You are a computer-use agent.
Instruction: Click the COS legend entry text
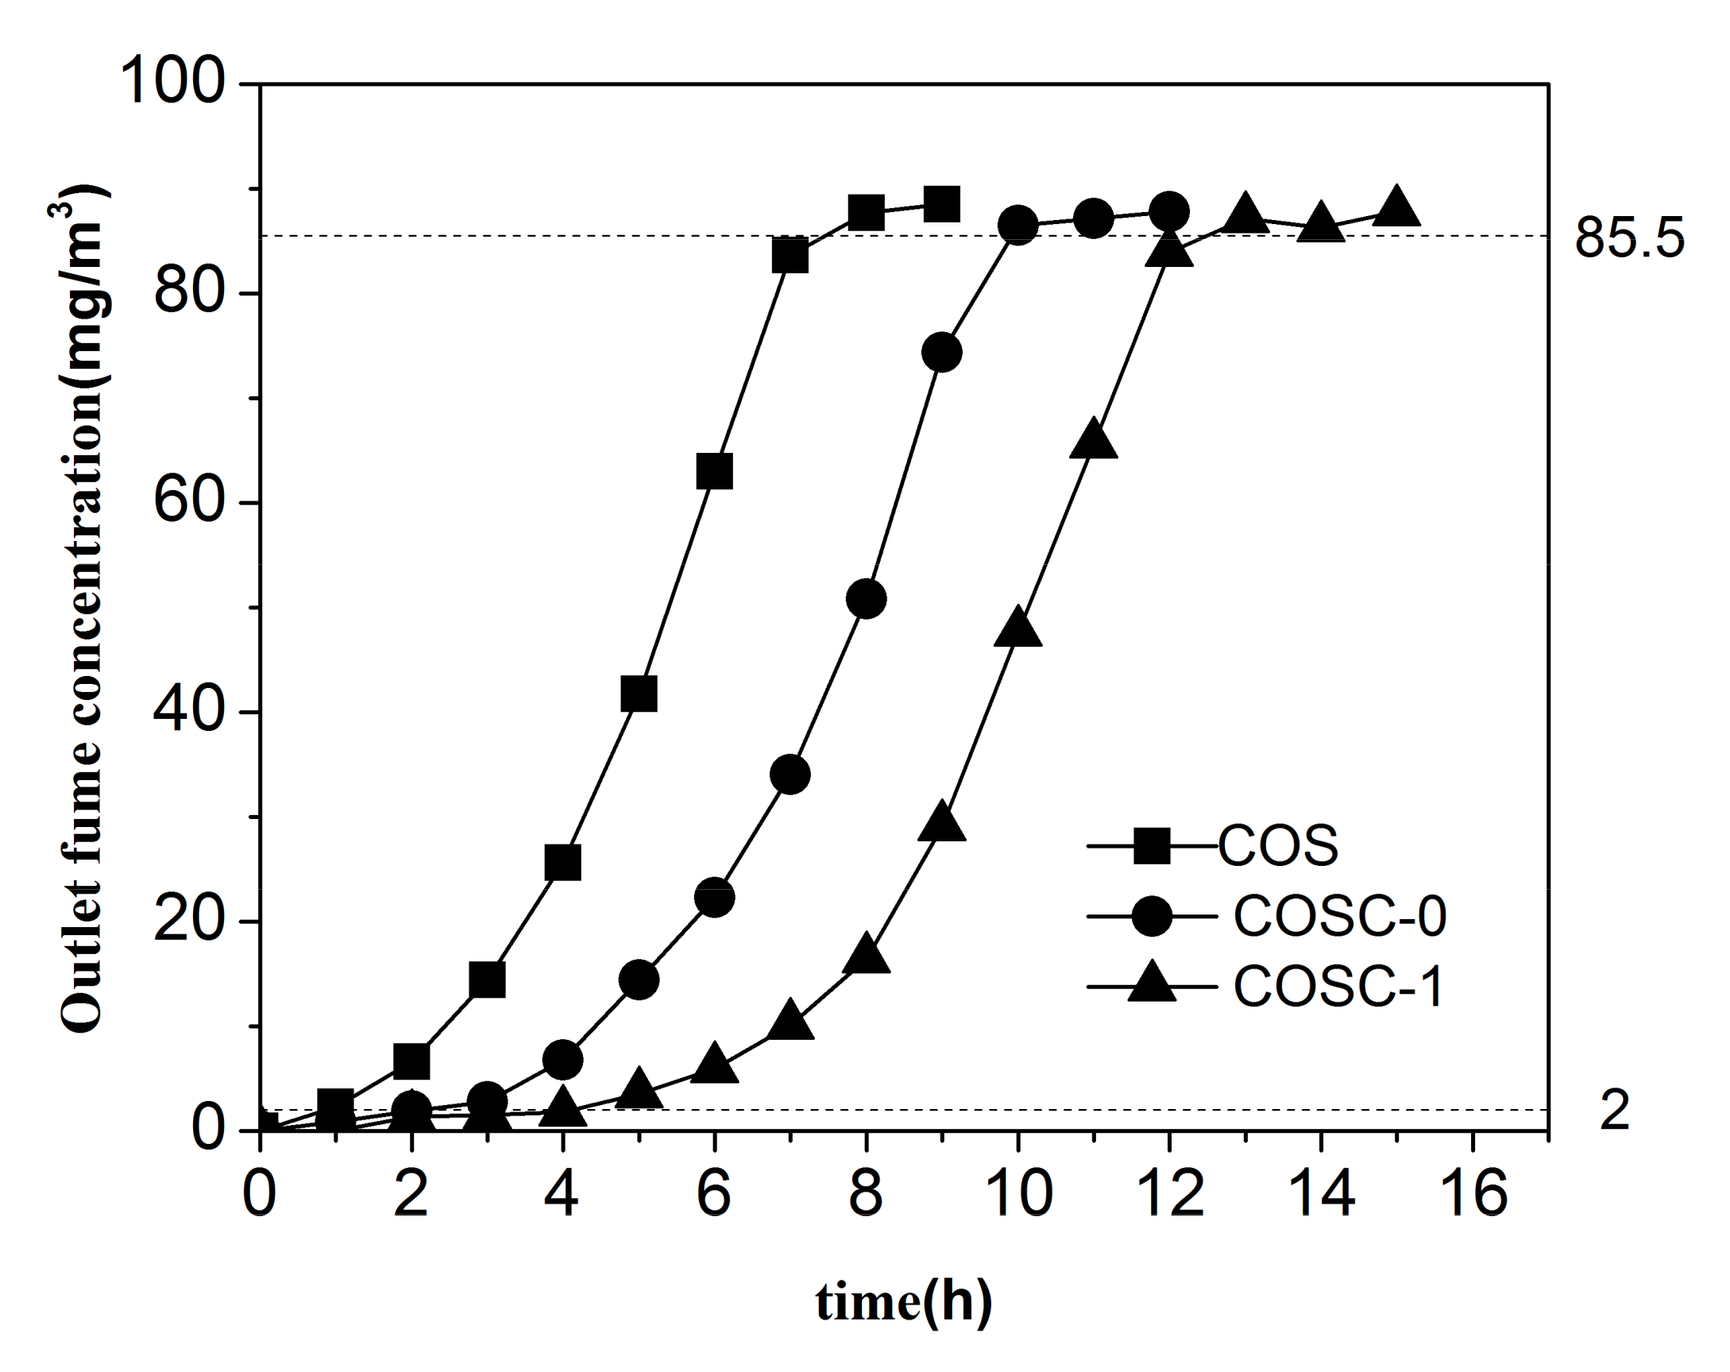1277,845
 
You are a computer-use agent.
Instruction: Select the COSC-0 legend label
1339,915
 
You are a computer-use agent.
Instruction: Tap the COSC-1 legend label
1338,986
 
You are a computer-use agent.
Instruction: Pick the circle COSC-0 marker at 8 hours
866,598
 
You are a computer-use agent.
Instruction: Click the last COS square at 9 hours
941,205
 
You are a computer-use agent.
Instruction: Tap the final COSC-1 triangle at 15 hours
1396,207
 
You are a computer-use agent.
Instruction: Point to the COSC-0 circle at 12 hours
1169,212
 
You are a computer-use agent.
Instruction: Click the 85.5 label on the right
1629,238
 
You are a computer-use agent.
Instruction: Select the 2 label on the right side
1614,1111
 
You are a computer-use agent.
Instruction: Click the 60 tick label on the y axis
187,503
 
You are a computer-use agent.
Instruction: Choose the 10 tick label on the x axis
1018,1193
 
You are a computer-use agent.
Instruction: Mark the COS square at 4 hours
562,863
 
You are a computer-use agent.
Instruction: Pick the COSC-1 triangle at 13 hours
1245,214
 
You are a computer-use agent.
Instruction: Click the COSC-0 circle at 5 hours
639,979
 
